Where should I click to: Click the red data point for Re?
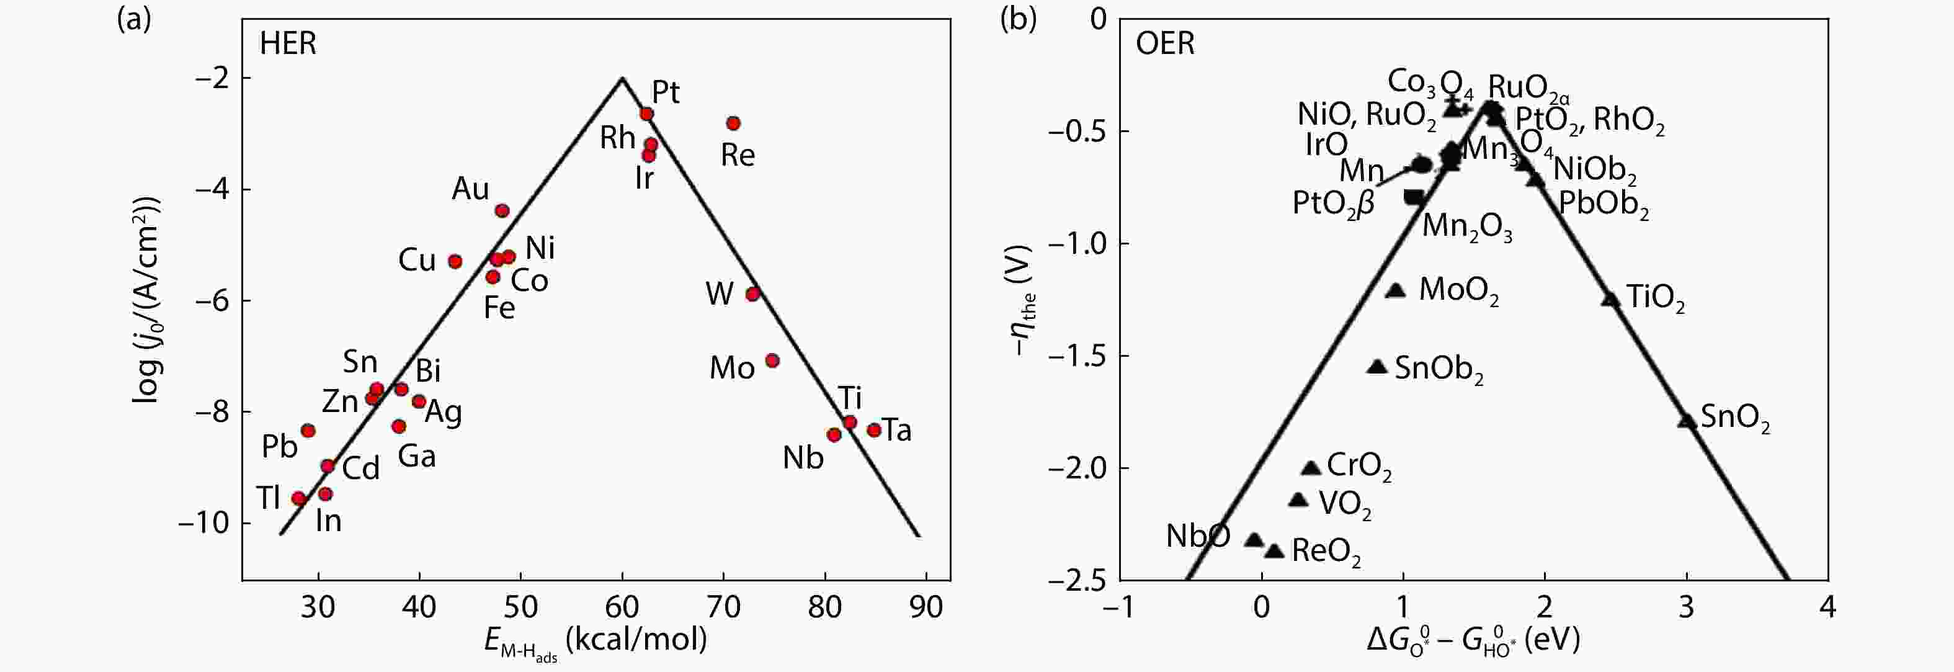point(733,123)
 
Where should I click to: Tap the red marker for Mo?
point(772,361)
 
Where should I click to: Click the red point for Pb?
point(308,431)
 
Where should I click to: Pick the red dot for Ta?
point(874,430)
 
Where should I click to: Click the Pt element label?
point(666,92)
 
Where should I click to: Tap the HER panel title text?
point(288,44)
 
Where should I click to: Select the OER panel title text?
point(1165,44)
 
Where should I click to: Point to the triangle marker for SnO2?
point(1685,420)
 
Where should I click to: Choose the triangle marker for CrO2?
point(1311,468)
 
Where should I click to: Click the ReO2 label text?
point(1326,552)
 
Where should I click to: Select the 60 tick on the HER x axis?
point(622,607)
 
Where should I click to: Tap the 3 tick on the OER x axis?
point(1685,607)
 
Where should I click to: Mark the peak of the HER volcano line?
point(622,78)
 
